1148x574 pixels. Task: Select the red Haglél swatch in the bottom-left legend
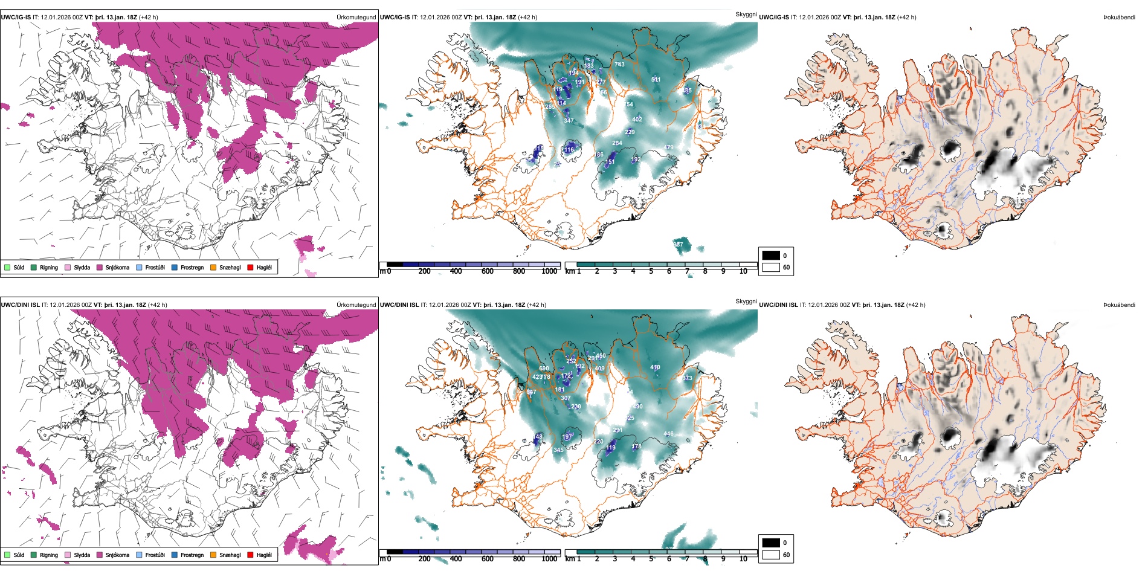[x=250, y=555]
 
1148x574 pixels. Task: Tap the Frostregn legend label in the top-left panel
[x=192, y=267]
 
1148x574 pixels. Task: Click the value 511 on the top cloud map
[x=656, y=80]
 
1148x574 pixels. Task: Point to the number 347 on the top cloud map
[x=569, y=121]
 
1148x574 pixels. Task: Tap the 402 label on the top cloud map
[x=637, y=119]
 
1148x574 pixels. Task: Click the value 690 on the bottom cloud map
[x=544, y=368]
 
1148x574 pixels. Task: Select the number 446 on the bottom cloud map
[x=668, y=434]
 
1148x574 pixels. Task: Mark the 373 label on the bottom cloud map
[x=688, y=378]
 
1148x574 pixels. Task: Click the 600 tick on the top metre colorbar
[x=487, y=271]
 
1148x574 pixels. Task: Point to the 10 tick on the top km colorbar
[x=743, y=271]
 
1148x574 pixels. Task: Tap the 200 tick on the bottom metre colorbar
[x=424, y=559]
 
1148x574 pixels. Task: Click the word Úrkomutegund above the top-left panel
[x=356, y=18]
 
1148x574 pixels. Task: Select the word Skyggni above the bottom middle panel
[x=746, y=302]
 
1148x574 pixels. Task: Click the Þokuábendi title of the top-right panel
[x=1119, y=18]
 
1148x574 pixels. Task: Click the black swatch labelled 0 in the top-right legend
[x=771, y=256]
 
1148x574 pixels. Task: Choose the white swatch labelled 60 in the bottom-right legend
[x=771, y=555]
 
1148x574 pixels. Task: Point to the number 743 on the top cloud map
[x=619, y=64]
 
